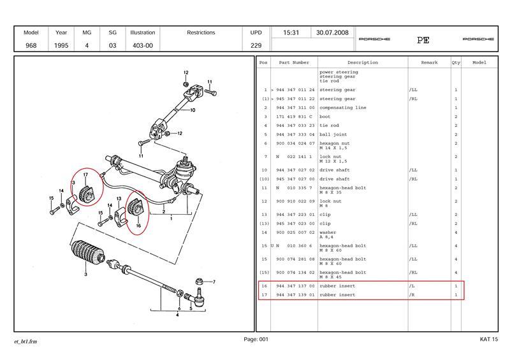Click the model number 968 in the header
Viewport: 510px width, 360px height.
click(31, 45)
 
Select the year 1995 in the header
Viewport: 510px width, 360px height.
click(61, 45)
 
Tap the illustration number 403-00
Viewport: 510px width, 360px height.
click(142, 45)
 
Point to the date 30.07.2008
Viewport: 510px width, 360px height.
click(332, 32)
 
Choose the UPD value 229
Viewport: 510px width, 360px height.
click(257, 45)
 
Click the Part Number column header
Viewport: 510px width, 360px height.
click(293, 63)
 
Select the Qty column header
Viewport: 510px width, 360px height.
click(456, 63)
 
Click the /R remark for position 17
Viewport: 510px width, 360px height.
click(412, 295)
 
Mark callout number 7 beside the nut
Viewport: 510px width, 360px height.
click(214, 282)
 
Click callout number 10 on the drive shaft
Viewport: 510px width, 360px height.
click(193, 110)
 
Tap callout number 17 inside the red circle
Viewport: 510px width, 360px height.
click(85, 175)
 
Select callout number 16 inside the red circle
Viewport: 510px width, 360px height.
click(137, 226)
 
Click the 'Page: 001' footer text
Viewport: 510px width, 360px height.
click(256, 340)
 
